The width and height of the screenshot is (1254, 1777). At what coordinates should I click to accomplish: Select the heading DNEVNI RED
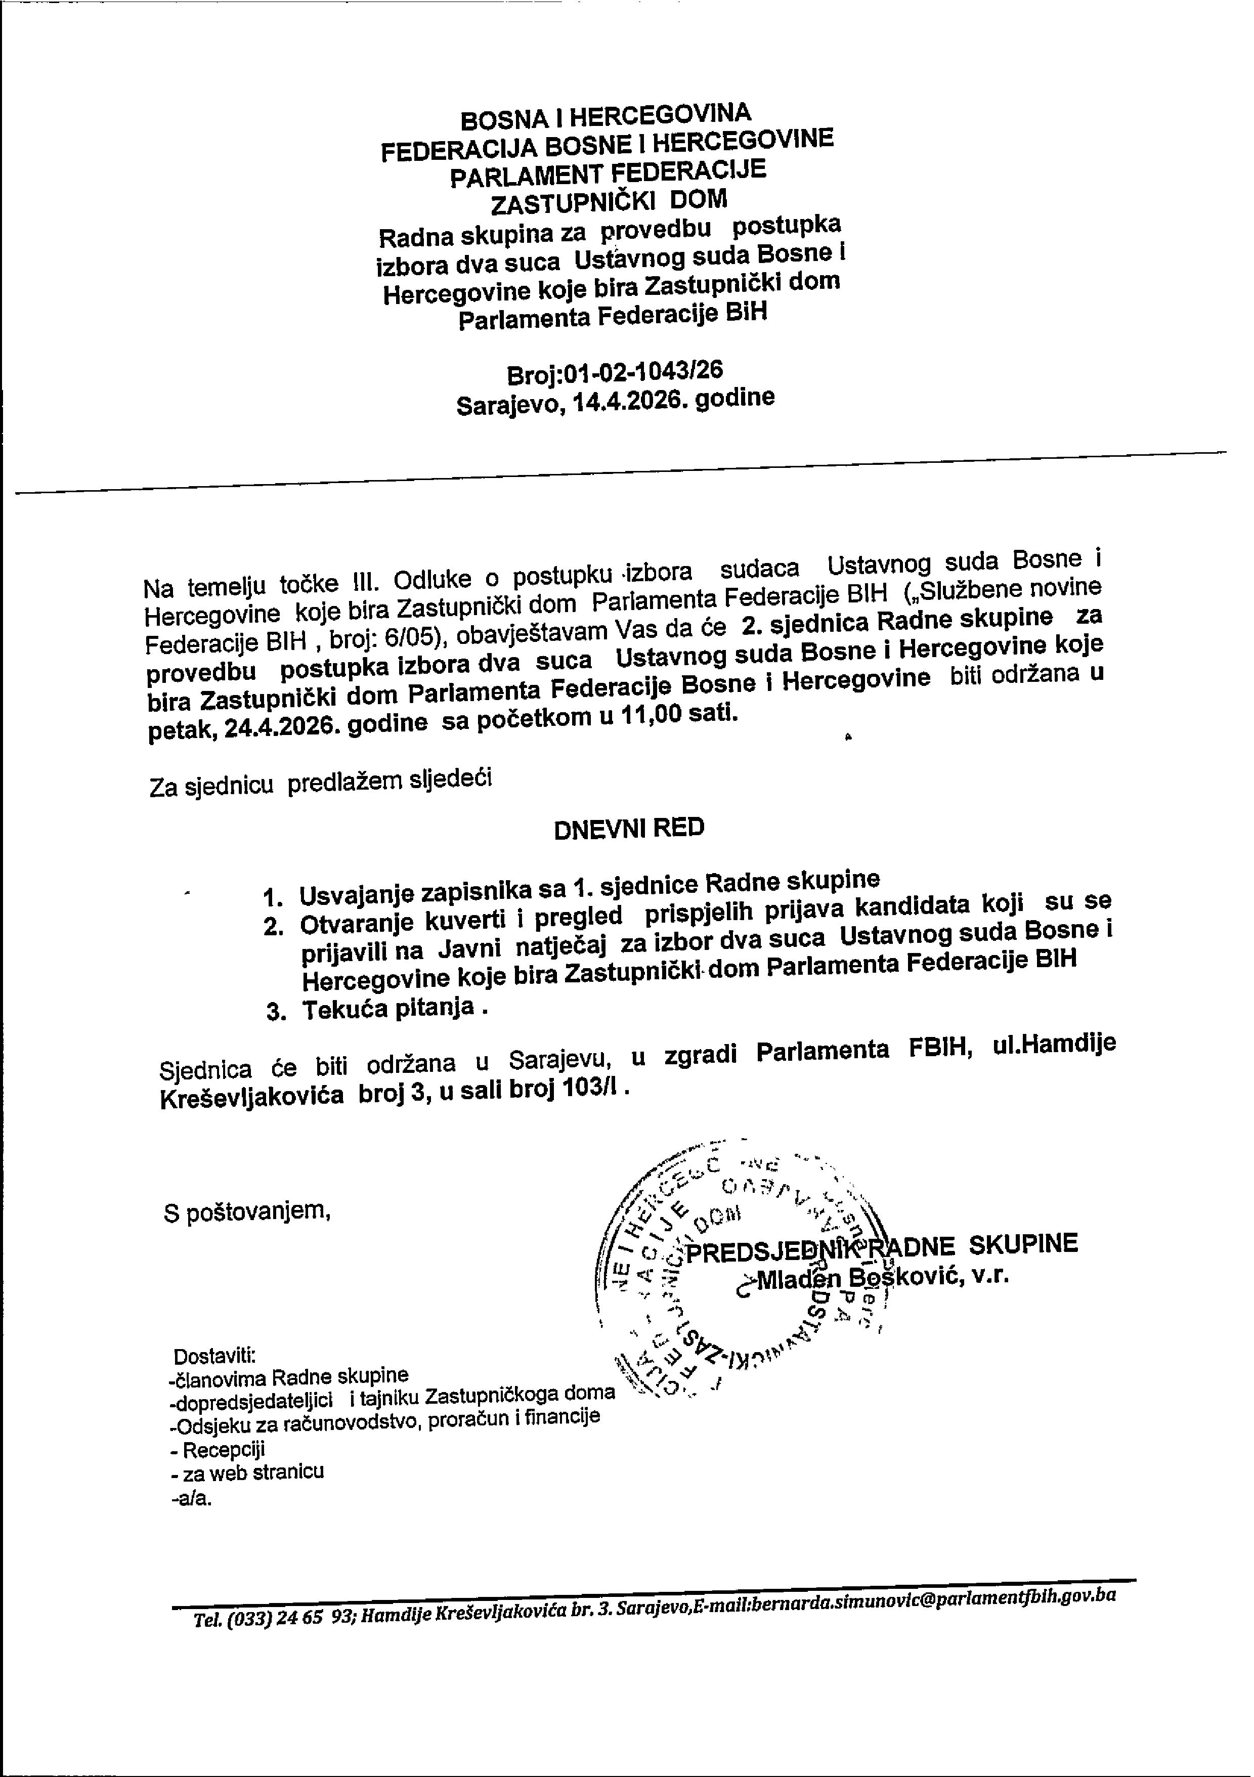tap(629, 828)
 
